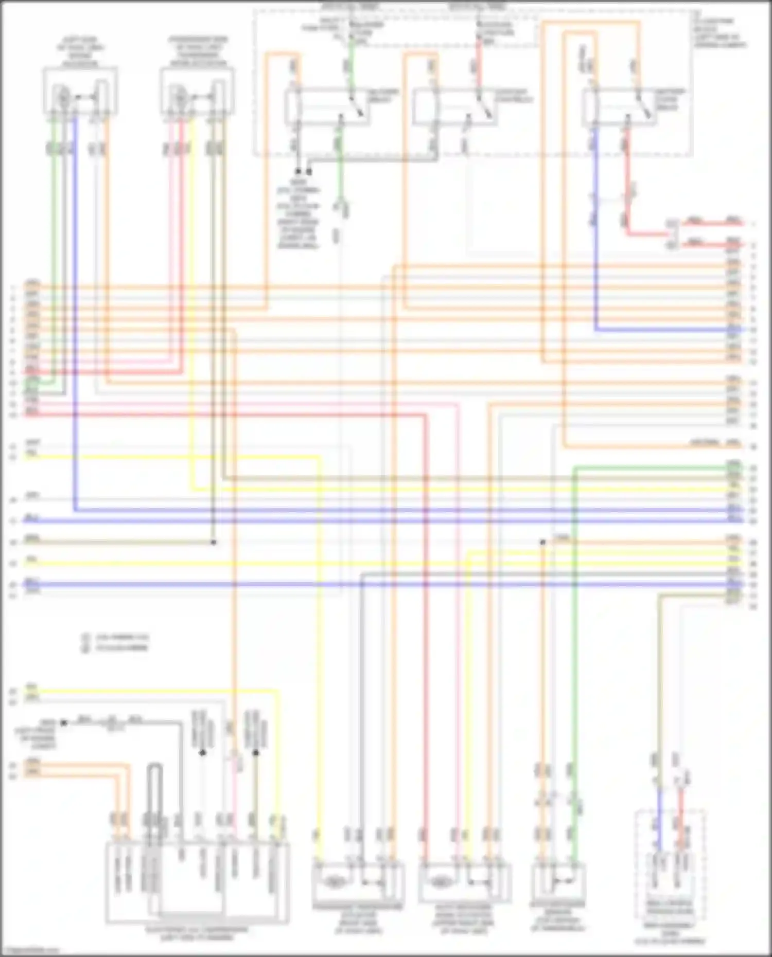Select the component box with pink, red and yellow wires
197,92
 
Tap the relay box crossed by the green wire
326,106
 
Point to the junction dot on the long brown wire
214,542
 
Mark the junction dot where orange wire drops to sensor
542,542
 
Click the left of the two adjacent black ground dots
298,171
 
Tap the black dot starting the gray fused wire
64,723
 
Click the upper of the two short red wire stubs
713,223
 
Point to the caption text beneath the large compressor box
197,933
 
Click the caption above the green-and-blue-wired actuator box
81,51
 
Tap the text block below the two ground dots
299,214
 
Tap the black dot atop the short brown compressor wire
256,753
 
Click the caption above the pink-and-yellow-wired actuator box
198,51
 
